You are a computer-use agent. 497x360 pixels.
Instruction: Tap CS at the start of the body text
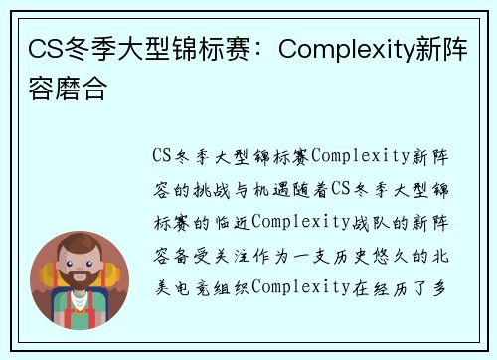164,156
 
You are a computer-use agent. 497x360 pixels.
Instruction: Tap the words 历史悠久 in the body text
371,255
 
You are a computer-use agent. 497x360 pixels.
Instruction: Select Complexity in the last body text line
300,287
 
